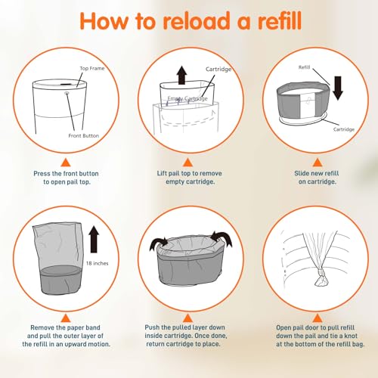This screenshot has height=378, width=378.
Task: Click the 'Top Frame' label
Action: click(91, 68)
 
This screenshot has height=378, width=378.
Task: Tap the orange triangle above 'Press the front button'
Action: click(64, 161)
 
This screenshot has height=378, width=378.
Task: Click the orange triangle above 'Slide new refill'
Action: click(313, 161)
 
